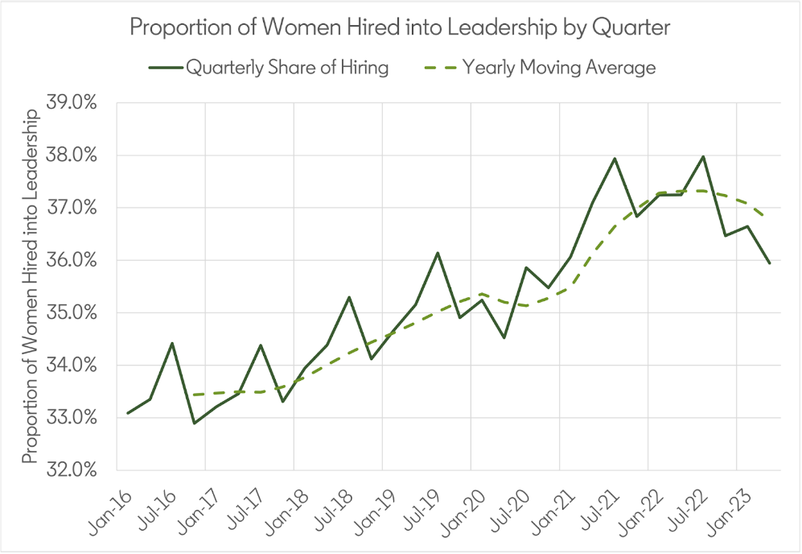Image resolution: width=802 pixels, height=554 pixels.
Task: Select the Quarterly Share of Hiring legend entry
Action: coord(269,68)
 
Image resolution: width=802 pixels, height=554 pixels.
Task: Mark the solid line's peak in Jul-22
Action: coord(703,157)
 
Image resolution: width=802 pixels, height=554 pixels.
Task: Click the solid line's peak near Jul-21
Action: coord(615,159)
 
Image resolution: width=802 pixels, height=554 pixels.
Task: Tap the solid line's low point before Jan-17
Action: coord(195,423)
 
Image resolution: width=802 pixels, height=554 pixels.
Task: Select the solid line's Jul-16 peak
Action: coord(172,344)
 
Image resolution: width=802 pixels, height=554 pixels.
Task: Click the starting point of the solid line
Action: coord(128,413)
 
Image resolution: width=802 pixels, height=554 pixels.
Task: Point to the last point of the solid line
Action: coord(770,263)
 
